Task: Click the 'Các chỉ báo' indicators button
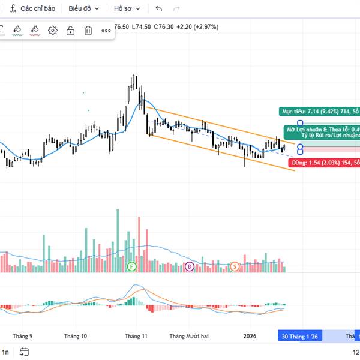point(34,8)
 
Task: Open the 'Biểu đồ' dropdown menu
point(83,8)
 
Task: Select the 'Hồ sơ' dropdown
point(127,8)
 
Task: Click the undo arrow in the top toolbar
point(158,8)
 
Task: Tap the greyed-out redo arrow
point(176,8)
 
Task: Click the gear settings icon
point(53,31)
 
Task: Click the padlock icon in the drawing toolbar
point(70,31)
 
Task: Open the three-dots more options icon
point(106,31)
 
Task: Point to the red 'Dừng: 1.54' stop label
point(324,163)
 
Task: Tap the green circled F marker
point(131,266)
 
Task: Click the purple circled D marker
point(190,266)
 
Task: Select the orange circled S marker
point(235,266)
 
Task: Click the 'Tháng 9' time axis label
point(23,337)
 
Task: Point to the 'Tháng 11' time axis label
point(136,337)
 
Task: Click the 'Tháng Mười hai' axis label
point(188,337)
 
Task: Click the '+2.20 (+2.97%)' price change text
point(197,26)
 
